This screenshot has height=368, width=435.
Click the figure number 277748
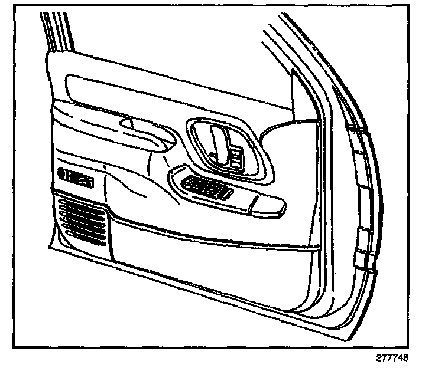(x=391, y=357)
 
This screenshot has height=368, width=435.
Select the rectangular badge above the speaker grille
(x=77, y=176)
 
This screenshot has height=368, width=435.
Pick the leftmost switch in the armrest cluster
(x=192, y=185)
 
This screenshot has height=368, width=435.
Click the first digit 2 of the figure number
(x=377, y=357)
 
